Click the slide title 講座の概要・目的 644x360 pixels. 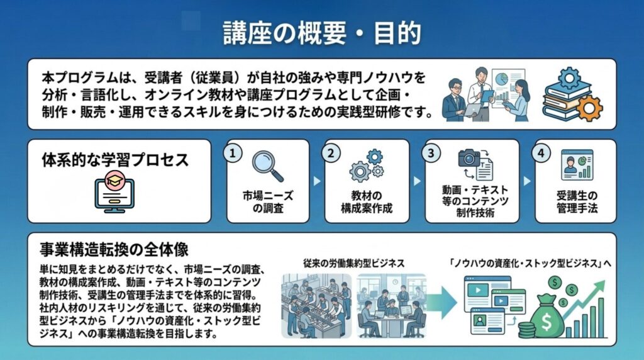tap(322, 33)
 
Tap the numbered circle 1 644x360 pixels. tap(233, 154)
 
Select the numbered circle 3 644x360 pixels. tap(431, 154)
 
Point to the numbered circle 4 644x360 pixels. tap(541, 154)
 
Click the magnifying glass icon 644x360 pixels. tap(268, 166)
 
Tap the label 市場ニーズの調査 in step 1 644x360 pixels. tap(268, 202)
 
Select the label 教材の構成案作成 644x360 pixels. tap(367, 202)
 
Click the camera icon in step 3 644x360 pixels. tap(469, 158)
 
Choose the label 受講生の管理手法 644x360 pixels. tap(577, 202)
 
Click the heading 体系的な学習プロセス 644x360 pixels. tap(116, 160)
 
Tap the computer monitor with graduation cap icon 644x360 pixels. tap(114, 192)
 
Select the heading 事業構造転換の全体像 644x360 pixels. tap(114, 249)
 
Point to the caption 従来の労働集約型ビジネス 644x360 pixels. tap(354, 264)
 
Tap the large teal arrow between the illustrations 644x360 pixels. tap(442, 303)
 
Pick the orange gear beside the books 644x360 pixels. tap(589, 108)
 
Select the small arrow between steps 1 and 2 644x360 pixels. tap(317, 181)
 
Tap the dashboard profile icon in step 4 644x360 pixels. tap(577, 165)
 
